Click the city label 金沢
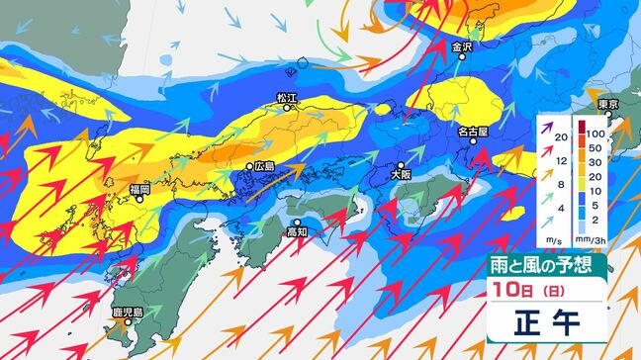[463, 46]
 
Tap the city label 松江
[287, 98]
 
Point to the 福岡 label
[137, 189]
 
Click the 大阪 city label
[401, 174]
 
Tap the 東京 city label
[608, 106]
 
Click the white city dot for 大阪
[401, 164]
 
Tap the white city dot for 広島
[249, 166]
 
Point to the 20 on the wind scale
[560, 136]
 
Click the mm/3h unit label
[596, 238]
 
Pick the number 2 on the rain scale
[598, 221]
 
